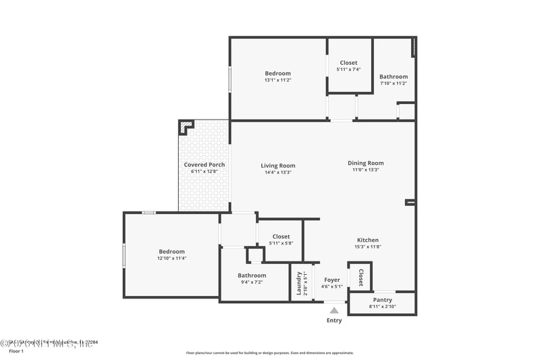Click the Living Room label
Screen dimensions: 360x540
[278, 165]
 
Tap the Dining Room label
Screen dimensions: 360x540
[365, 163]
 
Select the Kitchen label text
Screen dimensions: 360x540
[368, 240]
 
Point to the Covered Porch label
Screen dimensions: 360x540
[205, 165]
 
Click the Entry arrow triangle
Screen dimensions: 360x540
[334, 311]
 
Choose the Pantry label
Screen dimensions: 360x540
[382, 300]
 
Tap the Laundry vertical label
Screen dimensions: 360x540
[298, 283]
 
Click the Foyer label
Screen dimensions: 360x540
[332, 280]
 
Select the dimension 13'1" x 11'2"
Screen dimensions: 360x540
[277, 80]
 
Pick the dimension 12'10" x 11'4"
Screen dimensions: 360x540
[171, 258]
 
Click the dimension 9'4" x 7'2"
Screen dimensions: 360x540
[252, 282]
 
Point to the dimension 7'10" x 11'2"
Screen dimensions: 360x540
[394, 84]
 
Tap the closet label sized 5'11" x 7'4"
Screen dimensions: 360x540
[348, 63]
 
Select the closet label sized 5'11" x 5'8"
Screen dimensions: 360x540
[280, 236]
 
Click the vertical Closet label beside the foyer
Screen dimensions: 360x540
[360, 278]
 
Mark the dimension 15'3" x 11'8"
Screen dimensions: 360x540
[368, 247]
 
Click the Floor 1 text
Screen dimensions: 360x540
[16, 351]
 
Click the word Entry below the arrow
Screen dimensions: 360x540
[334, 320]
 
